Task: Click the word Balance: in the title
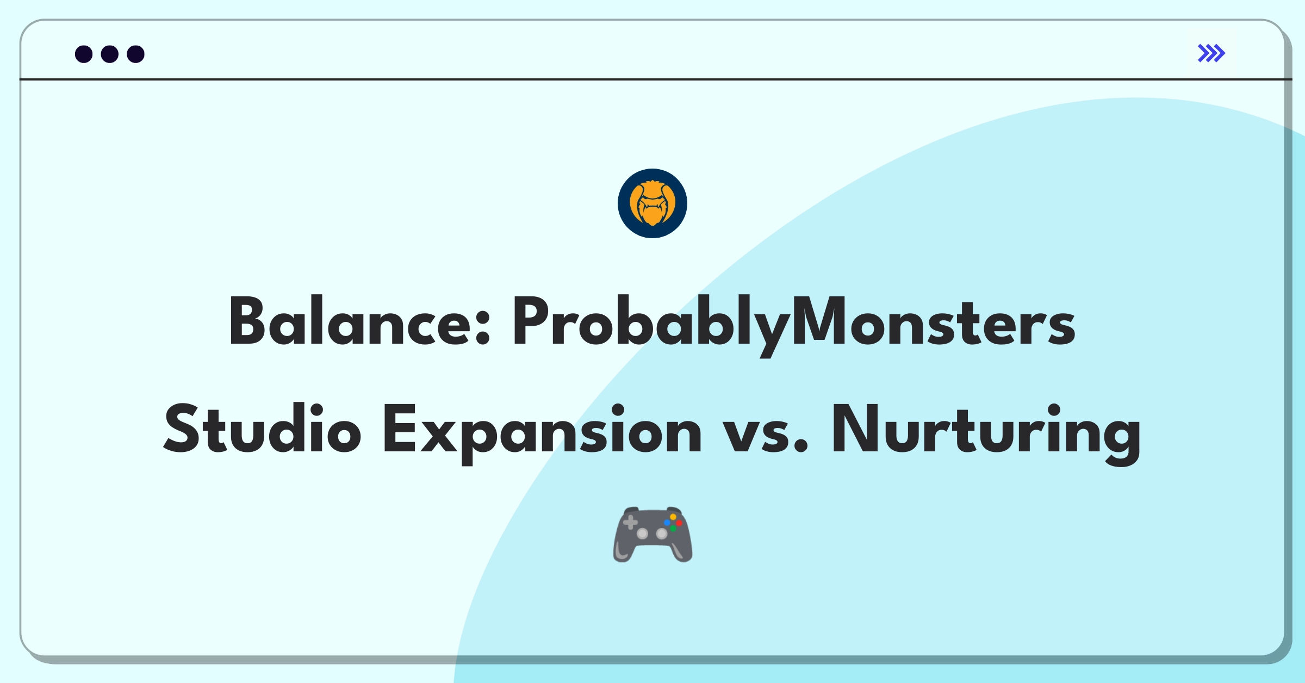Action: coord(359,322)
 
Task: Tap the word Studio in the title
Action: coord(262,430)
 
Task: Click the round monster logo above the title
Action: coord(652,203)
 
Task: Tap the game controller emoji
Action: coord(652,535)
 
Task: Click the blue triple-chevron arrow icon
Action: coord(1211,53)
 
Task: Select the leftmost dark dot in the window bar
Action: coord(84,54)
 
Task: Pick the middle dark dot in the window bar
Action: coord(110,54)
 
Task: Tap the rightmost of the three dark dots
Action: coord(135,54)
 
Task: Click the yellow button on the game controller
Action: coord(673,517)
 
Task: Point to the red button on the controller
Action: coord(679,523)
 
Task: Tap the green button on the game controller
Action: coord(673,529)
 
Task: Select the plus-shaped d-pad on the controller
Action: coord(630,523)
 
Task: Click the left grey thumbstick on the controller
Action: coord(642,533)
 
